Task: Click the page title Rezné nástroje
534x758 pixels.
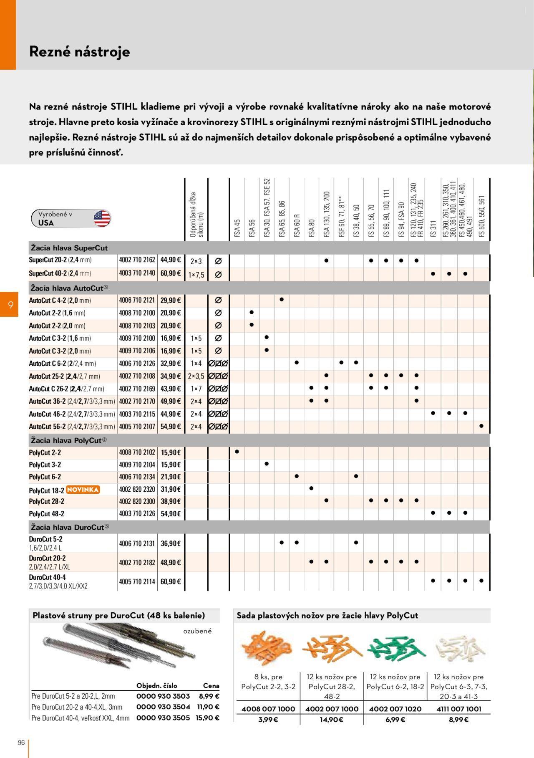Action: coord(79,52)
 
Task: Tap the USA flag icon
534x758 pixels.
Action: coord(102,218)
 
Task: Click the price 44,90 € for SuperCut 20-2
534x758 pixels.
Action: coord(171,260)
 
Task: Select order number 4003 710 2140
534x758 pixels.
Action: coord(137,273)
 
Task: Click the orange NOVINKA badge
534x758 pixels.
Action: coord(83,490)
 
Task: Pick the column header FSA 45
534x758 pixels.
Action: coord(237,229)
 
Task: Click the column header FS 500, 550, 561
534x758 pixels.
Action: coord(482,216)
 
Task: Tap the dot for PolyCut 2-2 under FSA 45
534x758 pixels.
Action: coord(237,452)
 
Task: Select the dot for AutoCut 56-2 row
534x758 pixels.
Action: coord(481,426)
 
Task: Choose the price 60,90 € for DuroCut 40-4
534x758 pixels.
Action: coord(171,581)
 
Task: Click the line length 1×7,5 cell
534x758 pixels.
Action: coord(196,275)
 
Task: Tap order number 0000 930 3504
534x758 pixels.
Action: coord(163,707)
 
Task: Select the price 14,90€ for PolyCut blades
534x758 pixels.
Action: coord(332,720)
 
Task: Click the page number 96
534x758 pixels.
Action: coord(21,743)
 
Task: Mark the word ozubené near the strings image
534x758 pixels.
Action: coord(197,631)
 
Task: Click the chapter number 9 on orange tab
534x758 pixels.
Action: coord(10,305)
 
